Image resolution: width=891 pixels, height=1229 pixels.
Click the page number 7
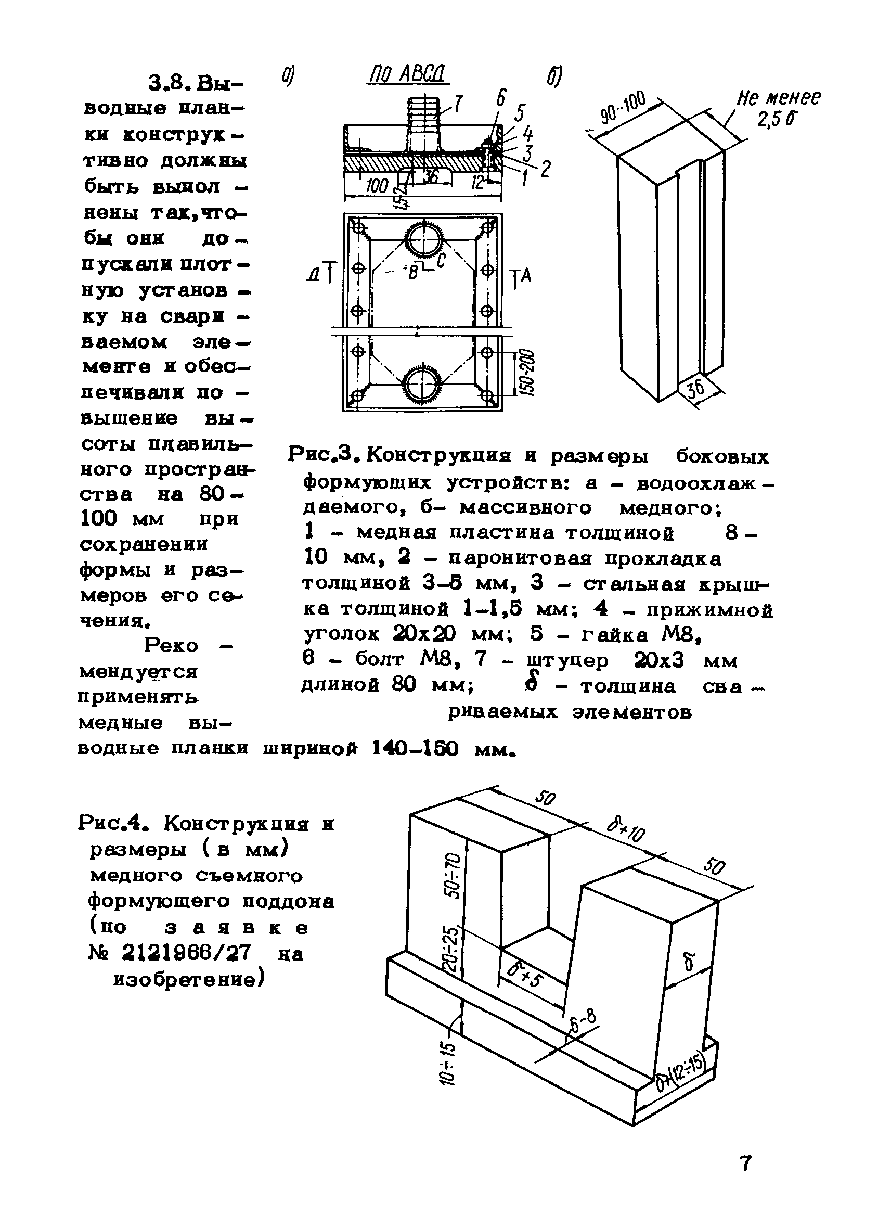click(746, 1163)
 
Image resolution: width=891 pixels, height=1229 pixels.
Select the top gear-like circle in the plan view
click(424, 239)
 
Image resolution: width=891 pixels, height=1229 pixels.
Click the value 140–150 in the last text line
click(415, 748)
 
